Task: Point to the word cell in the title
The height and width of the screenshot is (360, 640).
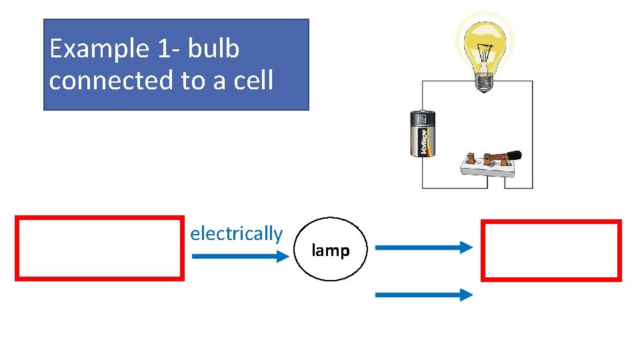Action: tap(253, 80)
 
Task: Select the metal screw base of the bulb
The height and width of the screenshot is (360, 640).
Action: tap(483, 83)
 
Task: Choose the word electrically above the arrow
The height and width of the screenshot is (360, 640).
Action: tap(236, 234)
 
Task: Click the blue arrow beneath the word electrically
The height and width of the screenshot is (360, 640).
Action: tap(237, 257)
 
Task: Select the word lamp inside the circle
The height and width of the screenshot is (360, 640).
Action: tap(331, 251)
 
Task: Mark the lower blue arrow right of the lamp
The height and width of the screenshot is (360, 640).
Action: tap(423, 294)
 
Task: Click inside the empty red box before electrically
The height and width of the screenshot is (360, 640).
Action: tap(99, 247)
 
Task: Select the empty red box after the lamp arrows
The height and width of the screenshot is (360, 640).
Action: tap(551, 250)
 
